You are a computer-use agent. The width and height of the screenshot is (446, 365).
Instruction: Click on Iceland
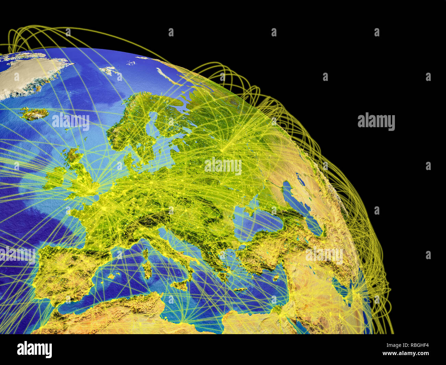click(34, 114)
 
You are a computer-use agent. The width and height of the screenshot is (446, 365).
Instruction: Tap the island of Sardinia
click(148, 269)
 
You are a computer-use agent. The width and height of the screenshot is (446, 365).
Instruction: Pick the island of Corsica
click(145, 254)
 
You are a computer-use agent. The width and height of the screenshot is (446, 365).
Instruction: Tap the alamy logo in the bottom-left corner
click(34, 349)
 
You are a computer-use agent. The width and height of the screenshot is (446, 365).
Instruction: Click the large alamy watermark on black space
click(376, 122)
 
